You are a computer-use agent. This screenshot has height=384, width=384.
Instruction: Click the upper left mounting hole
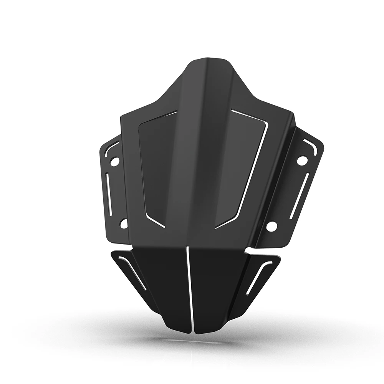point(114,162)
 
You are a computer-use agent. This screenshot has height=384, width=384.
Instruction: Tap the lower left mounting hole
point(124,223)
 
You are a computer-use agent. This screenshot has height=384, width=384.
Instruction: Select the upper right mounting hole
point(302,160)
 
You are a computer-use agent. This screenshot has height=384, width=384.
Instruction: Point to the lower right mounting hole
point(271,226)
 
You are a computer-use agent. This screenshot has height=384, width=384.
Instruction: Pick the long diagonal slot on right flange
point(300,195)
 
